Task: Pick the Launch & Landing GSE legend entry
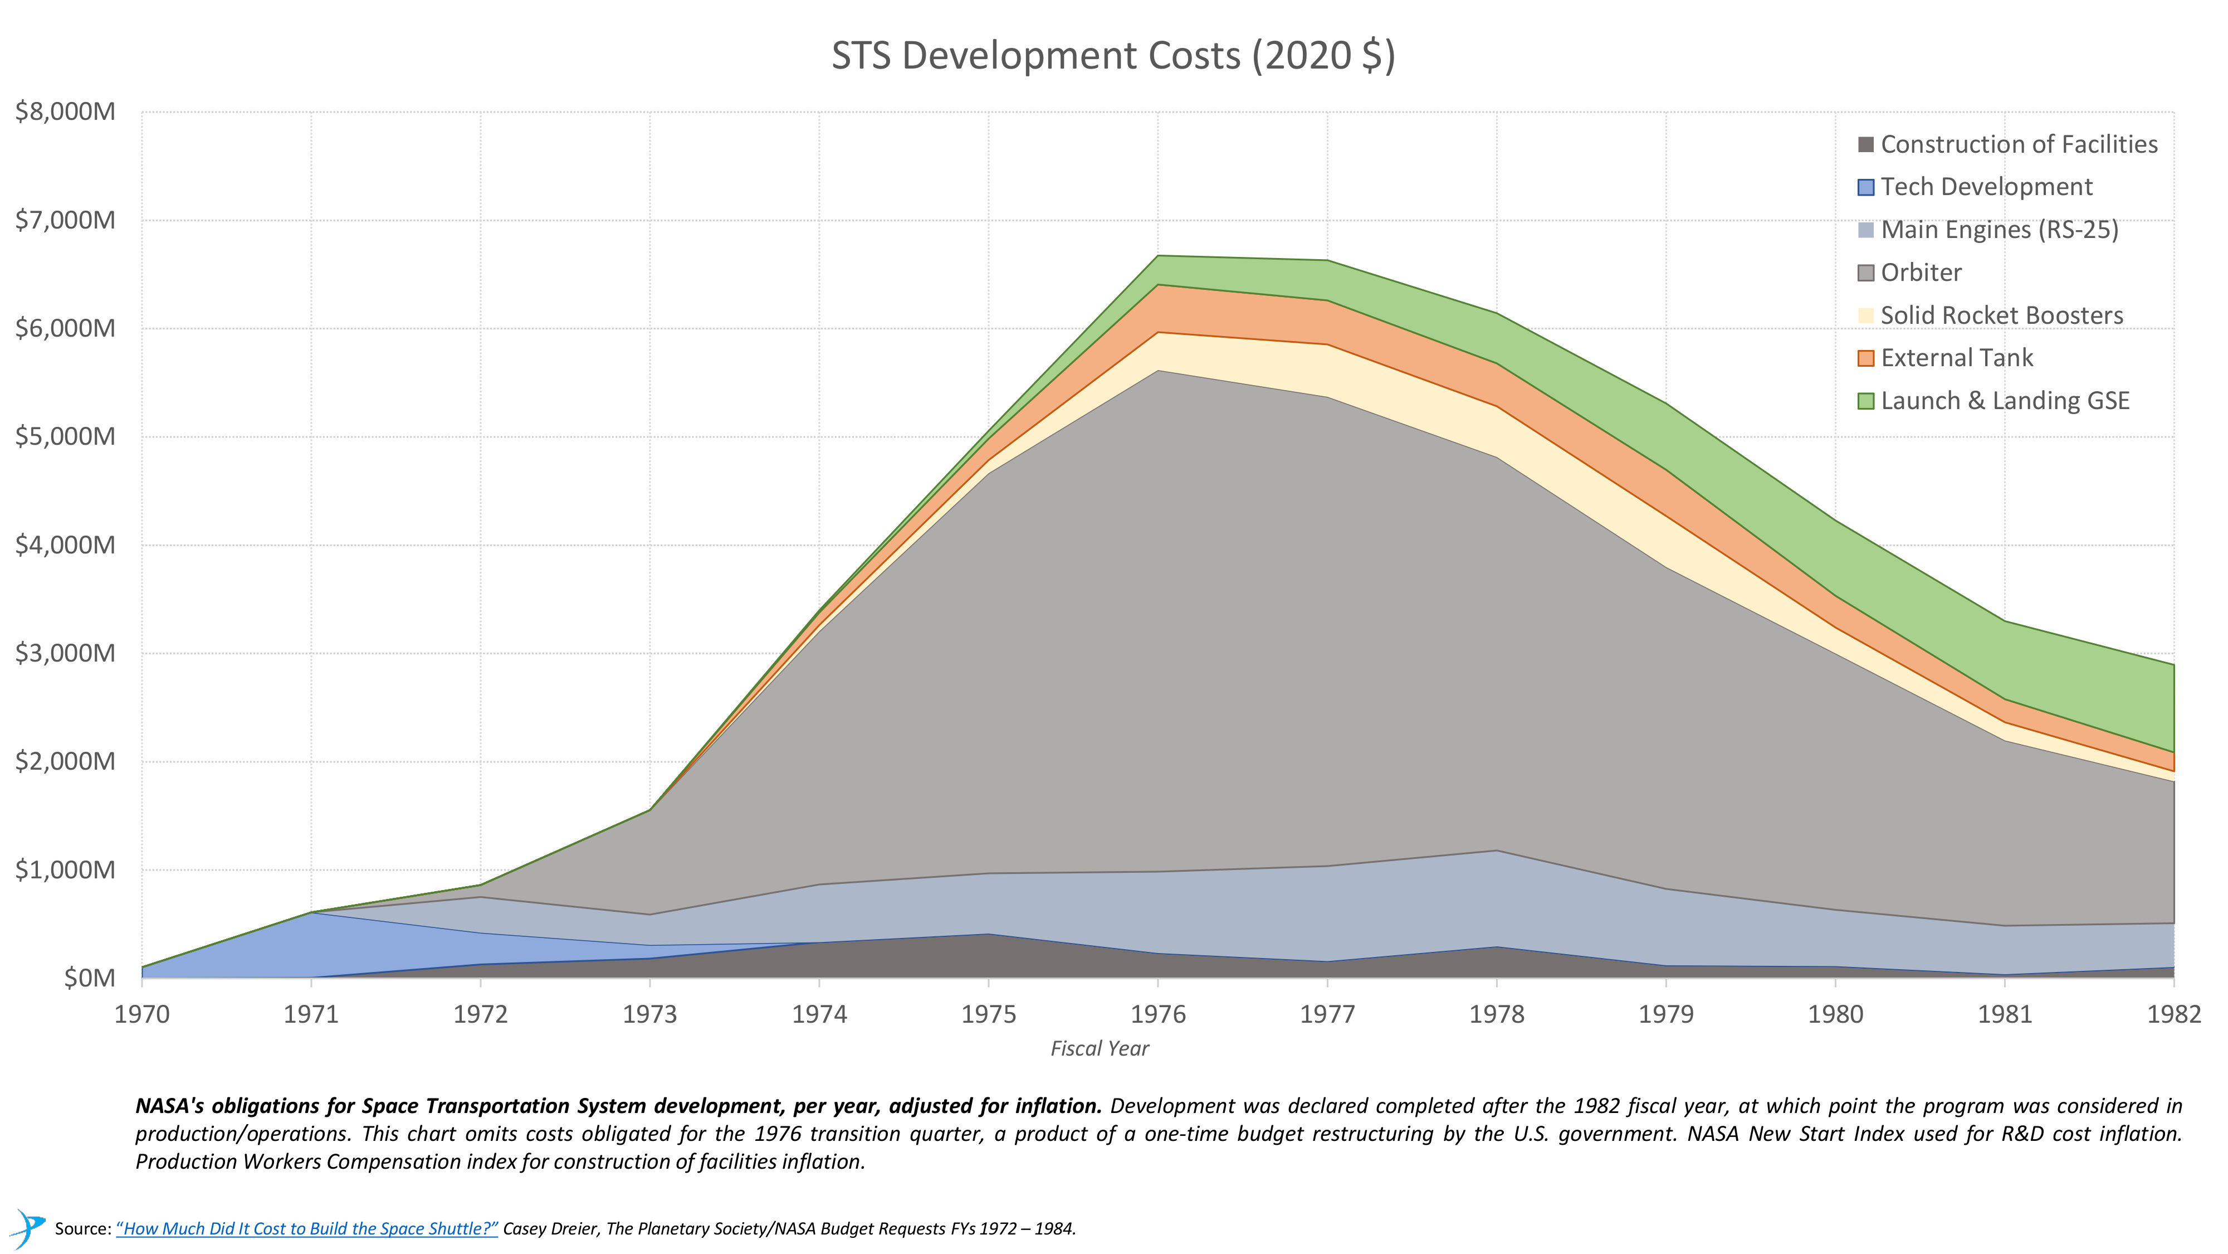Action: coord(2004,401)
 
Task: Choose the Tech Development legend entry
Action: coord(1986,187)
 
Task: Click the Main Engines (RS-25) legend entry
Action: coord(1999,230)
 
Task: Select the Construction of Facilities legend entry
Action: coord(2019,144)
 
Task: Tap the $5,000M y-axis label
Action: coord(65,436)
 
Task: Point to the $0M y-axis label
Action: coord(89,978)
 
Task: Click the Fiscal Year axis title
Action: coord(1100,1049)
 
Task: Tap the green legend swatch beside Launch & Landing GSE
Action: coord(1865,401)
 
